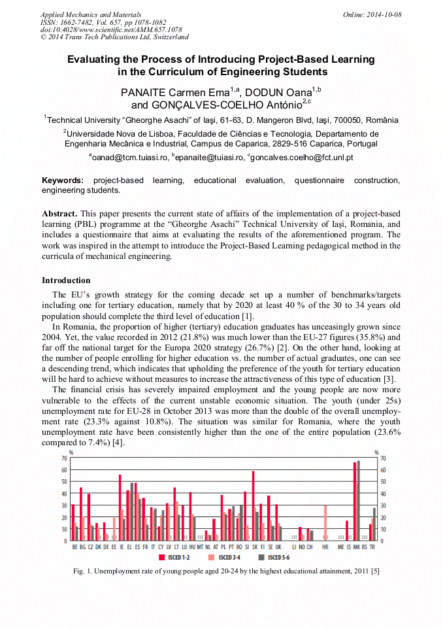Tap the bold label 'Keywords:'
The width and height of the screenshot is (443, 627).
(x=63, y=180)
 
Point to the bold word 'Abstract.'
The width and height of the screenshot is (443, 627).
(x=60, y=214)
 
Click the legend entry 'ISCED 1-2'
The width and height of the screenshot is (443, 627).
(x=175, y=558)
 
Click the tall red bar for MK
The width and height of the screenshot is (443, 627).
(x=355, y=501)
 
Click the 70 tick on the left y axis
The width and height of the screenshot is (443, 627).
(x=64, y=458)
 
